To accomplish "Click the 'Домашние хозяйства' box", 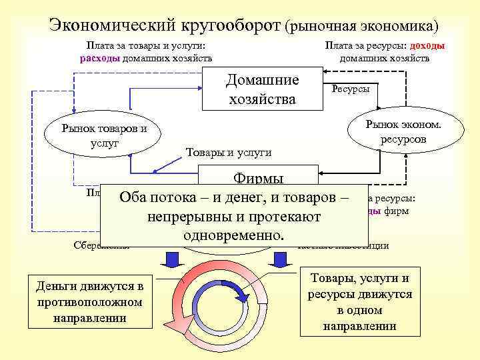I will (261, 90).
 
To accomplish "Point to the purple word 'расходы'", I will (100, 58).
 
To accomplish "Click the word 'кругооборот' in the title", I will (229, 25).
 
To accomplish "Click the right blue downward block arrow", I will (283, 259).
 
